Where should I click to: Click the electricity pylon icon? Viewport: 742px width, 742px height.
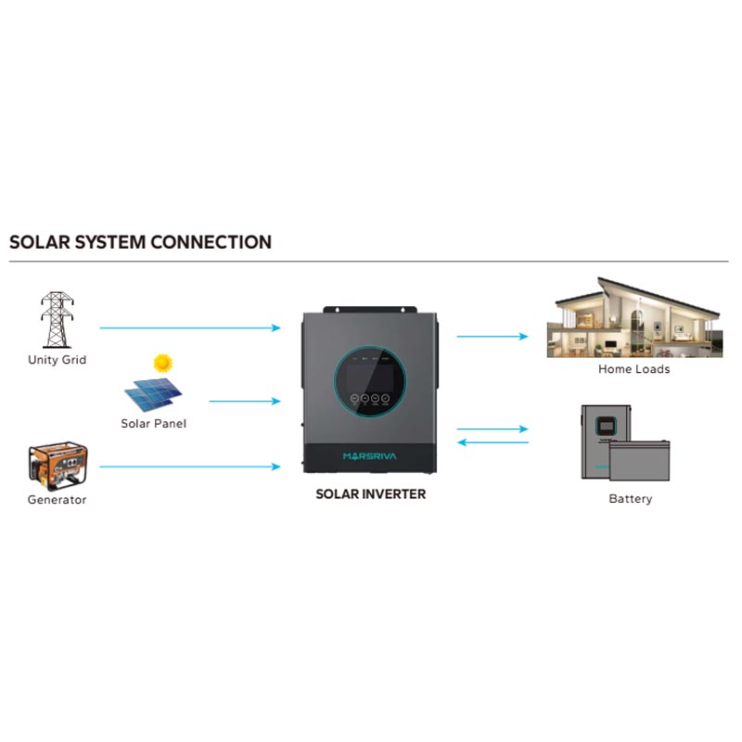tap(57, 320)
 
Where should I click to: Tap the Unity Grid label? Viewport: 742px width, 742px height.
tap(58, 360)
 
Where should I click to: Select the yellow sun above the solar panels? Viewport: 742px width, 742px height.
tap(163, 363)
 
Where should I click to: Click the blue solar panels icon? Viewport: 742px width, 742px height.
tap(153, 395)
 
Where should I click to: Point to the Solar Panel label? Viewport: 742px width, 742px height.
tap(153, 424)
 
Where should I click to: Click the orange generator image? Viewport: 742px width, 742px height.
tap(58, 466)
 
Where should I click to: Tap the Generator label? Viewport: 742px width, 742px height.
tap(58, 500)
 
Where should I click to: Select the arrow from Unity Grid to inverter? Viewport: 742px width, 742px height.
tap(190, 327)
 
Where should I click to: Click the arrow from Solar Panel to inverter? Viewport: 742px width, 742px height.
tap(245, 402)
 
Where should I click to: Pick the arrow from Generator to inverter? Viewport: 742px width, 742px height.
tap(190, 467)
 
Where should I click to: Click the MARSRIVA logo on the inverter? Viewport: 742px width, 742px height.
tap(369, 456)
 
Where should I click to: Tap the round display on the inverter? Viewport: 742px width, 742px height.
tap(370, 381)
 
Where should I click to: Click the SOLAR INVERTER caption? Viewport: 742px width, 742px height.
tap(370, 494)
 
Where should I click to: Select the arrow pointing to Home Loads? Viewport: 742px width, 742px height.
tap(493, 337)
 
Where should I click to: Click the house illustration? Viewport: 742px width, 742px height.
tap(634, 317)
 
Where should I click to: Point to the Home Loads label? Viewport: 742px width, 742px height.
tap(634, 369)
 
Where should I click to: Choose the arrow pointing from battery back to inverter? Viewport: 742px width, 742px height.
tap(493, 442)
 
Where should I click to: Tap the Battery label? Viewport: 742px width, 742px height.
tap(631, 499)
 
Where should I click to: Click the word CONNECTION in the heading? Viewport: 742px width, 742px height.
tap(211, 242)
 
